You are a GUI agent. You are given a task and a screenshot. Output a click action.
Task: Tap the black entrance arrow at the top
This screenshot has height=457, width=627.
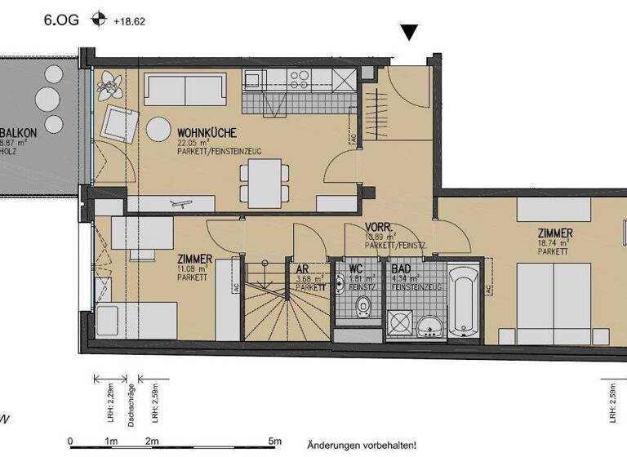click(x=410, y=33)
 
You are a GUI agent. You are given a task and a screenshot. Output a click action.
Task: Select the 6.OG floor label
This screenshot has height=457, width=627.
click(x=61, y=20)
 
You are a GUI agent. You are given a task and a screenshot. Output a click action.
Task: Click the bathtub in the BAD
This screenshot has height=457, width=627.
click(x=463, y=299)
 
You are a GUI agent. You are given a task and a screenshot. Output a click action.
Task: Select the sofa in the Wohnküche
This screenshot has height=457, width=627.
click(x=185, y=90)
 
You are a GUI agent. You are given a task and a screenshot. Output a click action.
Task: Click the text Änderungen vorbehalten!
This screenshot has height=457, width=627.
click(x=362, y=446)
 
